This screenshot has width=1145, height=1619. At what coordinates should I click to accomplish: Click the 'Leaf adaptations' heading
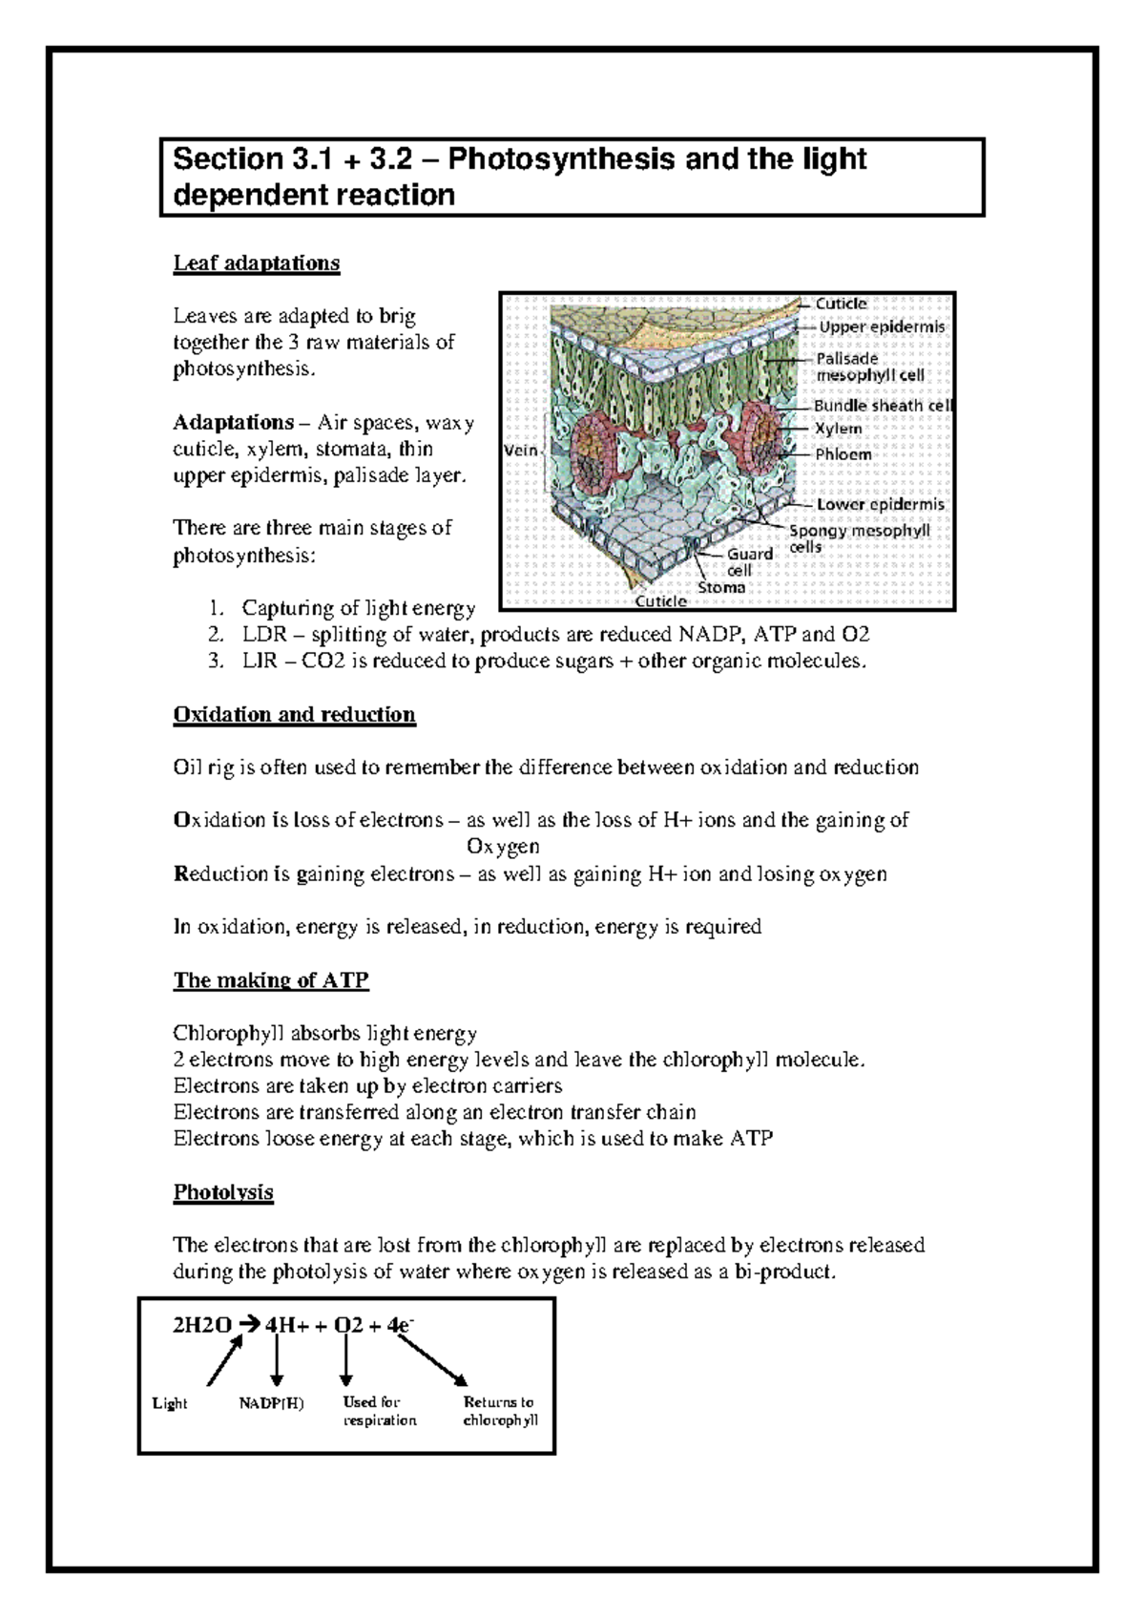tap(256, 263)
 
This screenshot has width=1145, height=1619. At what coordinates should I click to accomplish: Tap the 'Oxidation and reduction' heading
tap(294, 715)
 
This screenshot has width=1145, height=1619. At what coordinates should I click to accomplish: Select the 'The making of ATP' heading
tap(271, 980)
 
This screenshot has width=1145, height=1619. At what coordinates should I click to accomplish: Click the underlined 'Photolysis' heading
tap(223, 1192)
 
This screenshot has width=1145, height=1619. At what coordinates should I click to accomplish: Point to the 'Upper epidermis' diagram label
tap(882, 326)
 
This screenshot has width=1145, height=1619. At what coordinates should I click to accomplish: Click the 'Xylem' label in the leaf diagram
tap(838, 429)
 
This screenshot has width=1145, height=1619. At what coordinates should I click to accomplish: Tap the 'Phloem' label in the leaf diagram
tap(843, 454)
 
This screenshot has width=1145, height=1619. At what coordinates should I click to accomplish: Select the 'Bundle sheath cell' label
tap(883, 406)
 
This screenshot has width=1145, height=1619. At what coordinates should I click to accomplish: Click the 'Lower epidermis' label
tap(880, 504)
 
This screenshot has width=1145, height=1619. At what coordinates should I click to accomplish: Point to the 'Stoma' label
tap(720, 587)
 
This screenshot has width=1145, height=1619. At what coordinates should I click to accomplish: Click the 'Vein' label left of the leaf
tap(521, 450)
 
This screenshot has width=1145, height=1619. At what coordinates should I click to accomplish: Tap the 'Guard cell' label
tap(749, 561)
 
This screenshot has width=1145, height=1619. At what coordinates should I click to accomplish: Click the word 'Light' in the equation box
tap(170, 1403)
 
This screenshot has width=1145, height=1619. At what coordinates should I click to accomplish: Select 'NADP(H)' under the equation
tap(271, 1403)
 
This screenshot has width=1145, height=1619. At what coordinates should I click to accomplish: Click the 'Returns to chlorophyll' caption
tap(500, 1411)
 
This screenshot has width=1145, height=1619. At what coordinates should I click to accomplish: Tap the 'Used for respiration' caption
tap(379, 1411)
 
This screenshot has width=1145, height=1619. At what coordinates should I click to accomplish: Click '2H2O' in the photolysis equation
tap(201, 1325)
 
